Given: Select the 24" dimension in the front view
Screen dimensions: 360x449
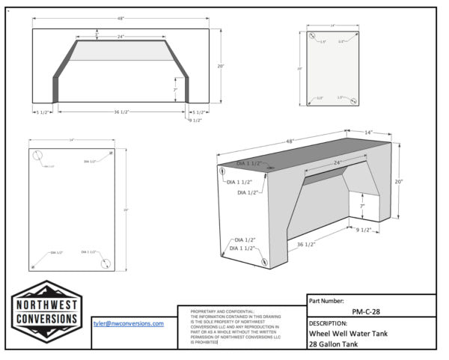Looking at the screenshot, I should [120, 35].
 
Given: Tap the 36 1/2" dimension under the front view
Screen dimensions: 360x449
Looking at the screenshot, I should [120, 112].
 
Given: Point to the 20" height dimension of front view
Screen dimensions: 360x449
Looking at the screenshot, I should [220, 66].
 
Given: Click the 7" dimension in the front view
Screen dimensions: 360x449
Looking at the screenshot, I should [176, 89].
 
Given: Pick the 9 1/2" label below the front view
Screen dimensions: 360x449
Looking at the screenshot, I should [195, 120].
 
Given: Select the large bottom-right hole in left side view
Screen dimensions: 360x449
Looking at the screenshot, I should [106, 262].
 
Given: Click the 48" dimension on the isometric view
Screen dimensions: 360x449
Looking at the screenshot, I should [289, 141].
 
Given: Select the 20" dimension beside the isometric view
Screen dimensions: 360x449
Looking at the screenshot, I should [399, 181].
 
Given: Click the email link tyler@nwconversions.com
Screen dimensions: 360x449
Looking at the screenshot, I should [127, 323].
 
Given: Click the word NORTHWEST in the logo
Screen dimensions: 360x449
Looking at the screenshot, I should [47, 305].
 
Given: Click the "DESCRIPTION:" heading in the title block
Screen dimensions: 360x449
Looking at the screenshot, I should [334, 324].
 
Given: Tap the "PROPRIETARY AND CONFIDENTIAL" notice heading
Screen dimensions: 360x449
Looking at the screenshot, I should [223, 310].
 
